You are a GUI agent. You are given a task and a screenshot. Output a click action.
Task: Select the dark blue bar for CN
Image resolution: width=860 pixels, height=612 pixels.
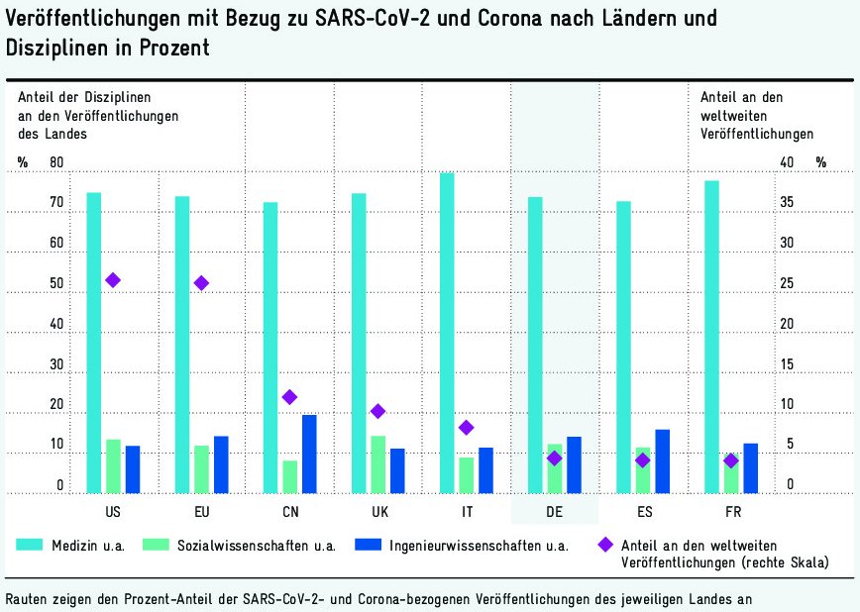point(309,454)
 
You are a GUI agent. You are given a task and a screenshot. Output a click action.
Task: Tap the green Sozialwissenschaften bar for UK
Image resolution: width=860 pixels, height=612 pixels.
point(378,463)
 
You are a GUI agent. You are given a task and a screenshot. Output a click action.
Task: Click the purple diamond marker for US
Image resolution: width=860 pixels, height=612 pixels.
point(113,280)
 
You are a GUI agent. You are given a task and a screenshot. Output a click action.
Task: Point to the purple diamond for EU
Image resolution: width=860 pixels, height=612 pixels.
point(201,283)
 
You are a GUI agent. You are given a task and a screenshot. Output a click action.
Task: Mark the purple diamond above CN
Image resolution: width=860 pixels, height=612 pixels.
point(289,397)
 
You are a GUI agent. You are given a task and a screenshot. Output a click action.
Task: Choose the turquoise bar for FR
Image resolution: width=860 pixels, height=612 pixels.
point(711,337)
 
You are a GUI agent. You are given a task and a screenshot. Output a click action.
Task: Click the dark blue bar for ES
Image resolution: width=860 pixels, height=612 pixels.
point(662,460)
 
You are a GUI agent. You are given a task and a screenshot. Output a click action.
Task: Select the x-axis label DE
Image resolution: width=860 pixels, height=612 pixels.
point(555,512)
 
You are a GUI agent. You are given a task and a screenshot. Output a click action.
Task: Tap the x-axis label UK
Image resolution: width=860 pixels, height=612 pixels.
point(378,512)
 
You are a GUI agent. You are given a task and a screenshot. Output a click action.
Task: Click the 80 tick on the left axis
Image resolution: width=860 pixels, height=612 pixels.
point(56,162)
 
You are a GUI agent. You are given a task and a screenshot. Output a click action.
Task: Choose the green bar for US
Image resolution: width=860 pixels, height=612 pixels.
point(113,465)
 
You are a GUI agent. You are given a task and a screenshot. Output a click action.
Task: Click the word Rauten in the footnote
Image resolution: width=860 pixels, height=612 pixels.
point(30,598)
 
